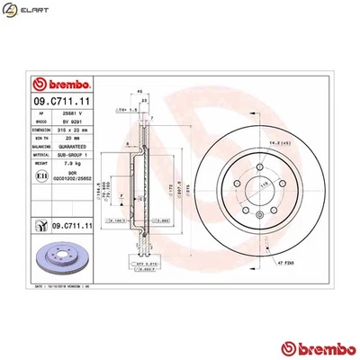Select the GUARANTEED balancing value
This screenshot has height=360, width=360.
[x=68, y=147]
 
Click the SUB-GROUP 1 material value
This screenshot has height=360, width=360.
[x=69, y=156]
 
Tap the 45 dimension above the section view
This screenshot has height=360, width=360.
[x=139, y=90]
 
